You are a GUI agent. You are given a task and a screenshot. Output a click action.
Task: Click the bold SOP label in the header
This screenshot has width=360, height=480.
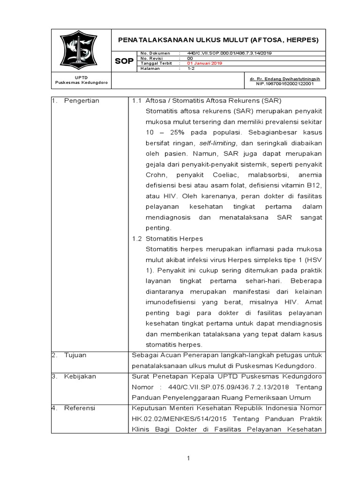pos(124,61)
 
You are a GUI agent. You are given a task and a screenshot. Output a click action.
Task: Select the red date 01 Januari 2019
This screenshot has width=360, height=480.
pos(205,63)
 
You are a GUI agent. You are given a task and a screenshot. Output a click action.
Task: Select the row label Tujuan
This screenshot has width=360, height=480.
pos(75,355)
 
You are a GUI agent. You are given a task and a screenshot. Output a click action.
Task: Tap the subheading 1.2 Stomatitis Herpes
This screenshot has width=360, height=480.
pos(167,239)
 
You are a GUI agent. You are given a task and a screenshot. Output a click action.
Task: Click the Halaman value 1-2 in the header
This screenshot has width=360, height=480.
pos(191,68)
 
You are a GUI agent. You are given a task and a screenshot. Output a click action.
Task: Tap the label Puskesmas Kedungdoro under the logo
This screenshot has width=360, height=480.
pos(81,82)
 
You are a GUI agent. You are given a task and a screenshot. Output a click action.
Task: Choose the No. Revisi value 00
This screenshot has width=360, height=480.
pos(190,59)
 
